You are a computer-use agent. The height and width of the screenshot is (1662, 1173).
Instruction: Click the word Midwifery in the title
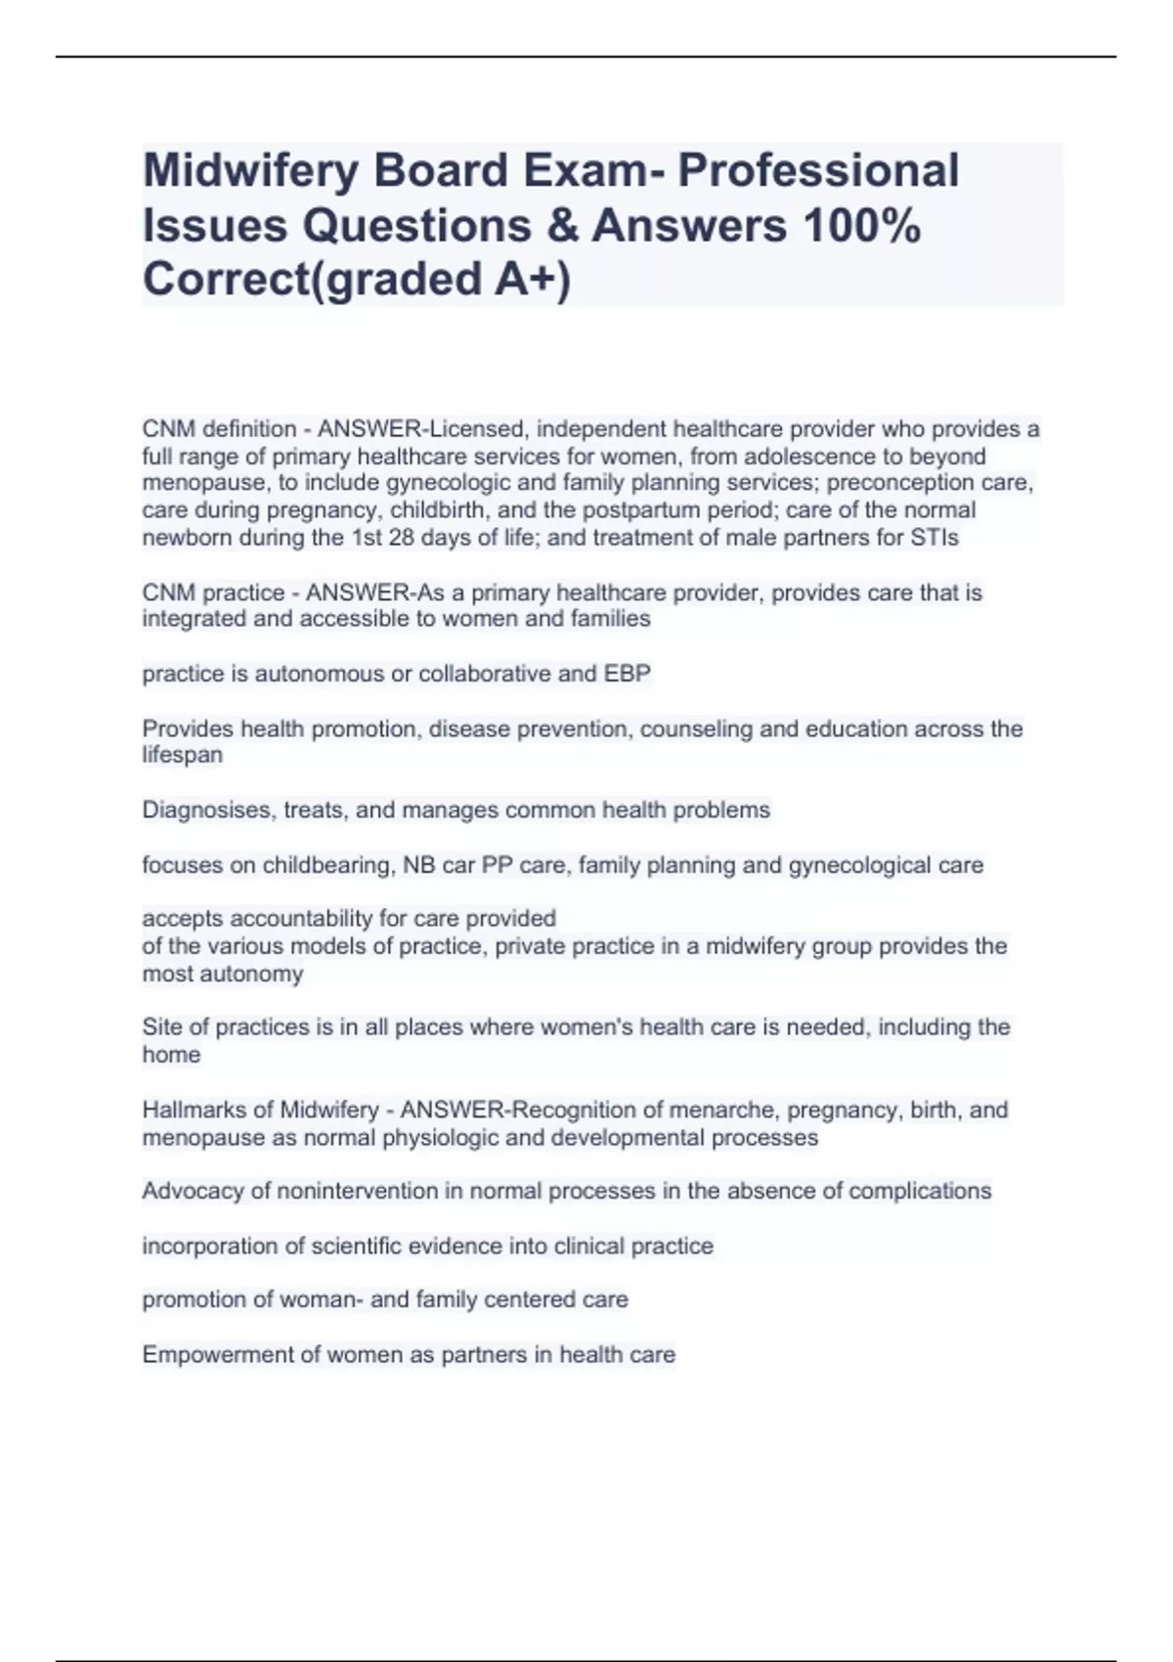coord(257,171)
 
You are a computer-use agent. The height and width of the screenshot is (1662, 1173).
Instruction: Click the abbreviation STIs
coord(933,538)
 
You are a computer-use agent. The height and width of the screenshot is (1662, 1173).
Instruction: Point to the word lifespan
coord(183,755)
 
